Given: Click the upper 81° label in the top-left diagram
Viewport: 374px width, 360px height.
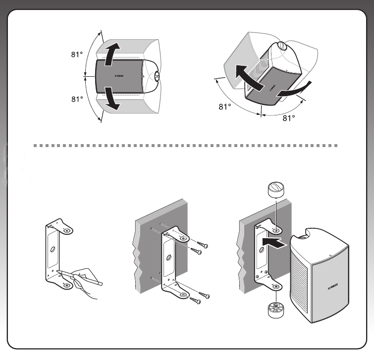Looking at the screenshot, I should click(x=76, y=55).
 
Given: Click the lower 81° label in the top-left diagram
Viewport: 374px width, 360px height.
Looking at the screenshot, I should click(x=76, y=99).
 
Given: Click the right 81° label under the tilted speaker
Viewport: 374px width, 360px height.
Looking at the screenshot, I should click(x=289, y=118).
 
